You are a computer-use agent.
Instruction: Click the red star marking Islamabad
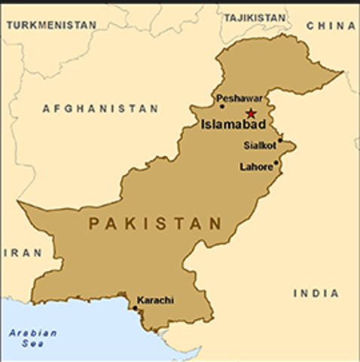click(251, 114)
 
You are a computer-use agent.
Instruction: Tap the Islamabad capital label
click(231, 125)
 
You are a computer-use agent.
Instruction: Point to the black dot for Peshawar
click(221, 106)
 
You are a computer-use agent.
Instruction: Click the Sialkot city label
click(259, 146)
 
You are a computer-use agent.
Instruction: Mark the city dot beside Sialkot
click(280, 140)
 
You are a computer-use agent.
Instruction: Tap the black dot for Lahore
click(276, 162)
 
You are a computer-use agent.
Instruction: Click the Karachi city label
click(155, 299)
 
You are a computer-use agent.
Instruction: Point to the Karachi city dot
click(136, 308)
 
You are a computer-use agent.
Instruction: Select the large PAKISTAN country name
click(156, 224)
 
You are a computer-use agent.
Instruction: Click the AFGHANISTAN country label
click(100, 109)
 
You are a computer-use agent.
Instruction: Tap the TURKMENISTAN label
click(51, 25)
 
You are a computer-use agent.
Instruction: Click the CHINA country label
click(331, 25)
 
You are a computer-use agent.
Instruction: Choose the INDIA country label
click(316, 293)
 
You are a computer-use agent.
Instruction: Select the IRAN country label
click(22, 253)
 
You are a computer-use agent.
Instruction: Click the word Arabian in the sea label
click(23, 333)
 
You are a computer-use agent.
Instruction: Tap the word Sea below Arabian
click(22, 344)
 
